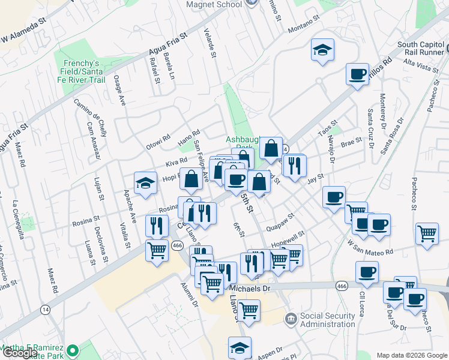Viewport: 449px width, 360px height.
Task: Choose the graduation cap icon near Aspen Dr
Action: [x=240, y=347]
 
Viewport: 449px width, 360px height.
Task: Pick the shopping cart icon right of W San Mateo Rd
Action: [x=427, y=232]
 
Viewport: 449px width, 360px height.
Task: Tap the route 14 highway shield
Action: [x=45, y=310]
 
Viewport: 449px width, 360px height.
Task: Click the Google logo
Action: [x=20, y=352]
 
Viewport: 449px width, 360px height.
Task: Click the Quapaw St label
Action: [x=282, y=221]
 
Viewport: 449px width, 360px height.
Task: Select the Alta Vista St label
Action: [x=421, y=65]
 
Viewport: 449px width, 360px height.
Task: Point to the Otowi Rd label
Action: [x=158, y=142]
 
